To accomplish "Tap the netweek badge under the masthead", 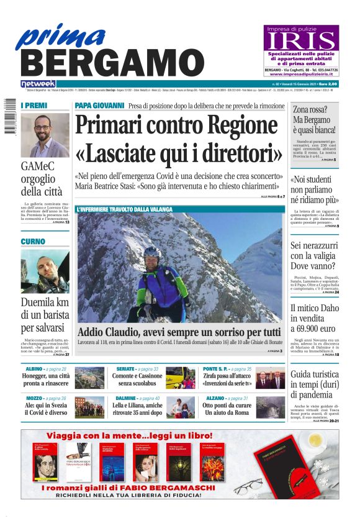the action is click(38, 84).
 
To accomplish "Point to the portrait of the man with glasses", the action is click(45, 135).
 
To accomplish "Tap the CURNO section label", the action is click(33, 242).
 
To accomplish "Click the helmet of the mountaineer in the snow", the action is click(151, 252).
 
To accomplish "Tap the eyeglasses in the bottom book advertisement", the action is click(251, 485).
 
